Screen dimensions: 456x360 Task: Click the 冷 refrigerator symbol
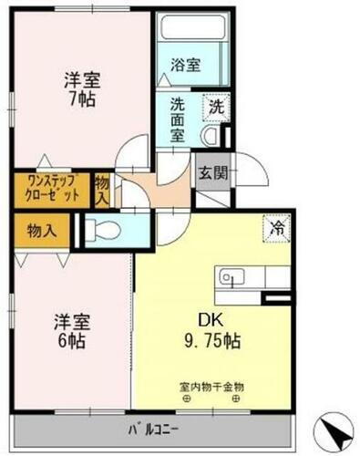pos(275,227)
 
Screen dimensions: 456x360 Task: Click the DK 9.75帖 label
pos(220,334)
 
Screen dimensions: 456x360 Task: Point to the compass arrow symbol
pos(334,430)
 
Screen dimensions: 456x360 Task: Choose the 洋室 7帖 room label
pos(82,87)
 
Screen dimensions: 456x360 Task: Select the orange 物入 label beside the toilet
pos(42,228)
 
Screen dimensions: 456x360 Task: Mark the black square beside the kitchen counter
pos(274,298)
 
